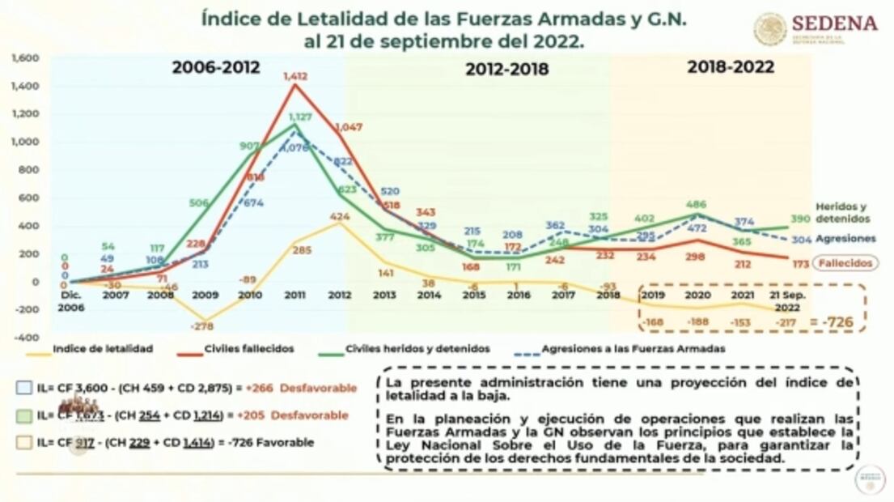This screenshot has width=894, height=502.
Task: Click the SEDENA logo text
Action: pyautogui.click(x=834, y=23)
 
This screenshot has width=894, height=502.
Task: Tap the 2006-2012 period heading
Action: pyautogui.click(x=216, y=68)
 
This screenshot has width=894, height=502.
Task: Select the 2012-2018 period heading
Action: pyautogui.click(x=506, y=70)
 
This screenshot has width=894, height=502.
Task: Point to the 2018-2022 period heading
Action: pyautogui.click(x=730, y=67)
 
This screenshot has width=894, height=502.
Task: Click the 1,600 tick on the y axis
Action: pyautogui.click(x=27, y=58)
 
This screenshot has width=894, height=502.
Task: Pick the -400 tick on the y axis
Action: pyautogui.click(x=28, y=337)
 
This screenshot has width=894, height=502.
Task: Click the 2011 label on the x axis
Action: pyautogui.click(x=295, y=296)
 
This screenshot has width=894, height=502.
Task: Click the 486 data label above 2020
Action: pyautogui.click(x=695, y=205)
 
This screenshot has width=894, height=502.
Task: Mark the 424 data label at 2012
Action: pyautogui.click(x=339, y=216)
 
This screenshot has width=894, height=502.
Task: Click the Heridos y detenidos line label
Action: pyautogui.click(x=842, y=212)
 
